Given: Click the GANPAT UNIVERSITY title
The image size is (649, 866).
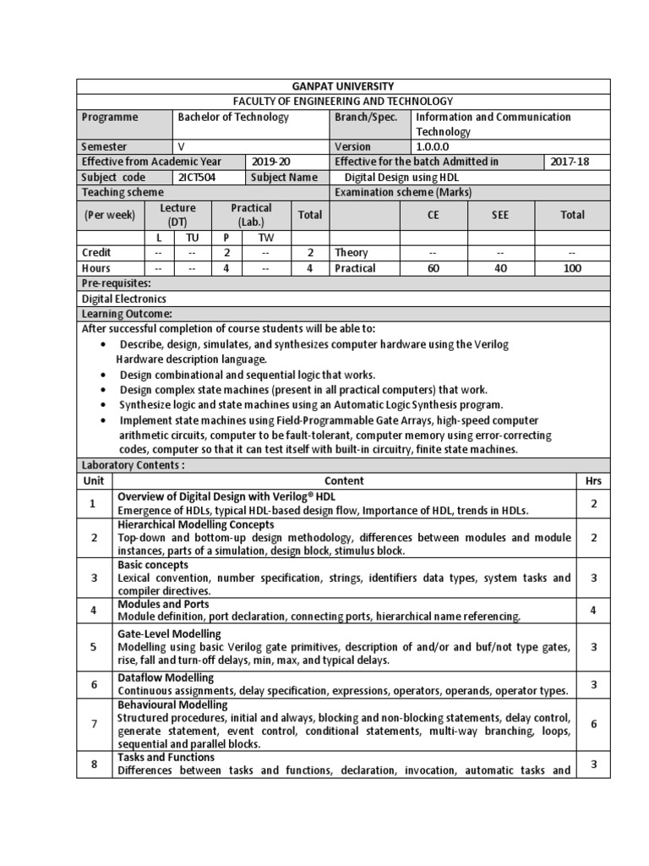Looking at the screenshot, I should (x=343, y=86).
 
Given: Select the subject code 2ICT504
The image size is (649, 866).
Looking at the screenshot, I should (x=196, y=178).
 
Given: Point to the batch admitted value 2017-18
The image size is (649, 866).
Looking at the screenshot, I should (x=569, y=162).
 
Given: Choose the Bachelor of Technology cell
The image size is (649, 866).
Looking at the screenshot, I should (x=233, y=118).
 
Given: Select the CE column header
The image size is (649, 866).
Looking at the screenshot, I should (x=434, y=215).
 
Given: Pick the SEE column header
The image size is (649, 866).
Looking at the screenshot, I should (x=501, y=215).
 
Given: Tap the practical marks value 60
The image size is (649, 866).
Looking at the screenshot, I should (x=434, y=268).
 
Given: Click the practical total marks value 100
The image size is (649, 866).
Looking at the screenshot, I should (x=572, y=268).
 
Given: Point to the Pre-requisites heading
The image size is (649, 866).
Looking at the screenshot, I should (x=116, y=283).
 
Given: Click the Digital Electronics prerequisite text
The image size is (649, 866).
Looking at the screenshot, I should (x=123, y=299).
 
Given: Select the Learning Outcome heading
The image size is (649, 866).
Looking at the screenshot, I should (x=127, y=314).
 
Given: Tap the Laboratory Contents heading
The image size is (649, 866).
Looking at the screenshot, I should (x=133, y=465).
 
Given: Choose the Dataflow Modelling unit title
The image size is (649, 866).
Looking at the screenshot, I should (x=166, y=677).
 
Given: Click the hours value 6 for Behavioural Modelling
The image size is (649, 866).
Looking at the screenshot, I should (x=594, y=725).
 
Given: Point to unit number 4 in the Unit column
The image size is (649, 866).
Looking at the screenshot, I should (x=95, y=611).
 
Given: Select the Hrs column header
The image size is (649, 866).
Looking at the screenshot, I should (x=593, y=480).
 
